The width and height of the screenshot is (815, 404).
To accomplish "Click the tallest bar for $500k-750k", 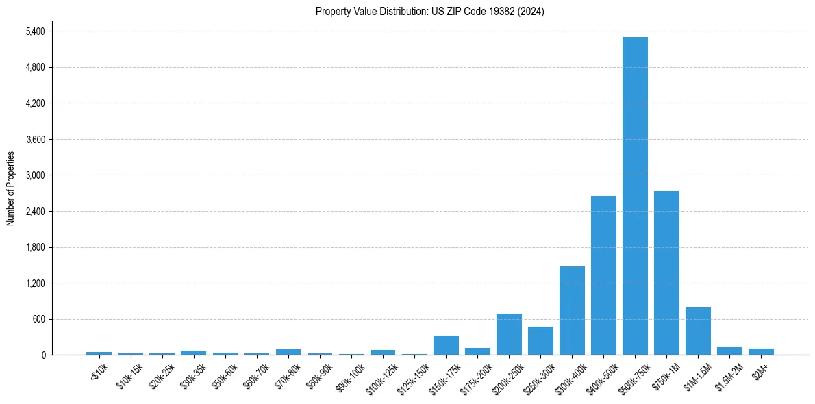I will [635, 196].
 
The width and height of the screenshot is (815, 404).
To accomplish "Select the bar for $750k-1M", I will [666, 273].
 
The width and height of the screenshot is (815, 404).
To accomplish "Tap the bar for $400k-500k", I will [603, 275].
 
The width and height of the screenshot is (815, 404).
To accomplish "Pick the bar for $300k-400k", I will [572, 310].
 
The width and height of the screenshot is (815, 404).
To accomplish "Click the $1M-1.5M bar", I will [698, 331].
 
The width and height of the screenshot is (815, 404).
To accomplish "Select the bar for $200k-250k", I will [509, 334].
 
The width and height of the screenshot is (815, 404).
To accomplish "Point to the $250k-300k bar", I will [540, 340].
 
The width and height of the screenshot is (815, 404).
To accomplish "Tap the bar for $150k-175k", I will [446, 345].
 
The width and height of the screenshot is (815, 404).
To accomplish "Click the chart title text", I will [430, 12].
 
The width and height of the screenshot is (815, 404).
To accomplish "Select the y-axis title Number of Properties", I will [11, 188].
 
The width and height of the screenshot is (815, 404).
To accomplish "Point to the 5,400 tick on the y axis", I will [35, 31].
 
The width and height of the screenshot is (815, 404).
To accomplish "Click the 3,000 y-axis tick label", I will [35, 175].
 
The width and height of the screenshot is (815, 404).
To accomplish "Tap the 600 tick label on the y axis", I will [39, 319].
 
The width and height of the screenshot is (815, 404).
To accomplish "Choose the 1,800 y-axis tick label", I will [35, 247].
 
